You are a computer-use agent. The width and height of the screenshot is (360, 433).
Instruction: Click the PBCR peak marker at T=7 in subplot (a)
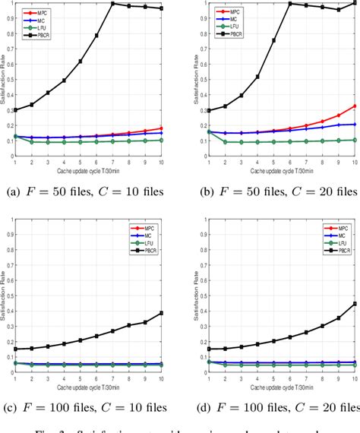[112, 4]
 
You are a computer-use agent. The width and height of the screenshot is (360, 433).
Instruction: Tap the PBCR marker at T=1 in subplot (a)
[15, 109]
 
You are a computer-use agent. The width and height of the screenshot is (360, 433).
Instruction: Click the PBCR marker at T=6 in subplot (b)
[289, 4]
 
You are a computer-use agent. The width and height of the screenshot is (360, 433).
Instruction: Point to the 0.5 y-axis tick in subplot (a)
[10, 80]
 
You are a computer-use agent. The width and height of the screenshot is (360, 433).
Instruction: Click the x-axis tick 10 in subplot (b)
[355, 163]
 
